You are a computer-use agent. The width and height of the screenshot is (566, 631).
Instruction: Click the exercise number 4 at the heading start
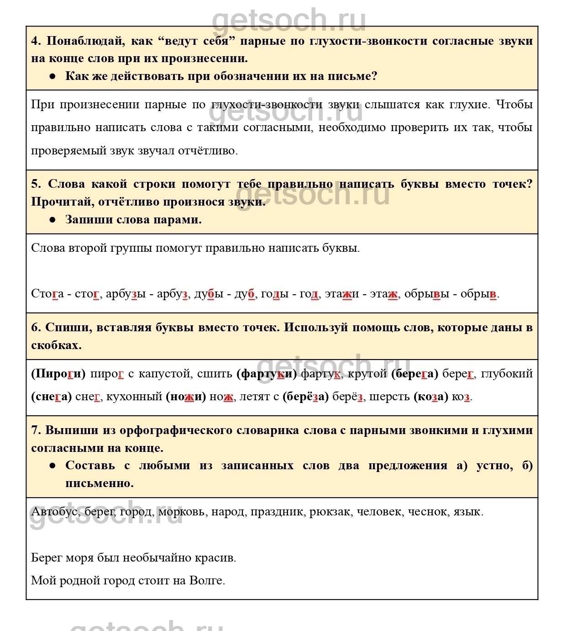click(x=36, y=41)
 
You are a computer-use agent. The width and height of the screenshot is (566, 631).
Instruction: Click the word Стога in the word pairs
click(x=47, y=293)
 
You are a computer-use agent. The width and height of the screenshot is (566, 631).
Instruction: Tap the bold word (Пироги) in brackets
click(x=58, y=374)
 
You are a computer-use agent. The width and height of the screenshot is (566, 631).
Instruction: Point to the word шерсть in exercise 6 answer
click(x=389, y=397)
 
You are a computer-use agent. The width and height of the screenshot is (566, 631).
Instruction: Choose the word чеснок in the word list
click(x=428, y=511)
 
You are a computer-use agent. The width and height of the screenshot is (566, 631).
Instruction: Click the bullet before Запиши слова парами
click(x=52, y=220)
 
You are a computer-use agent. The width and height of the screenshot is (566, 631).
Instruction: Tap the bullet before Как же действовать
click(x=52, y=76)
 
